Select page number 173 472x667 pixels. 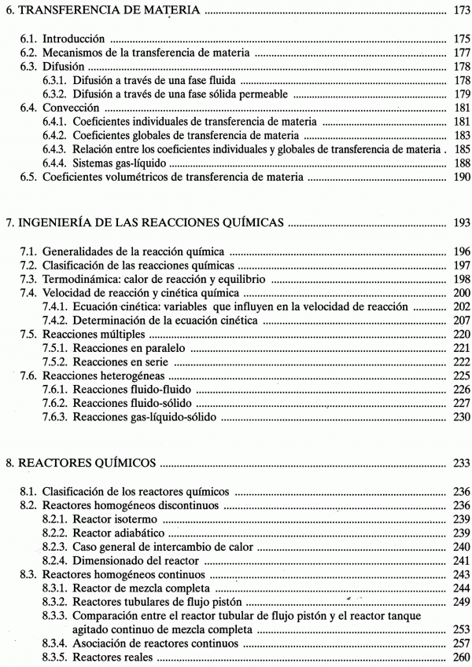tap(462, 11)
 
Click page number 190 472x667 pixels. tap(462, 178)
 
